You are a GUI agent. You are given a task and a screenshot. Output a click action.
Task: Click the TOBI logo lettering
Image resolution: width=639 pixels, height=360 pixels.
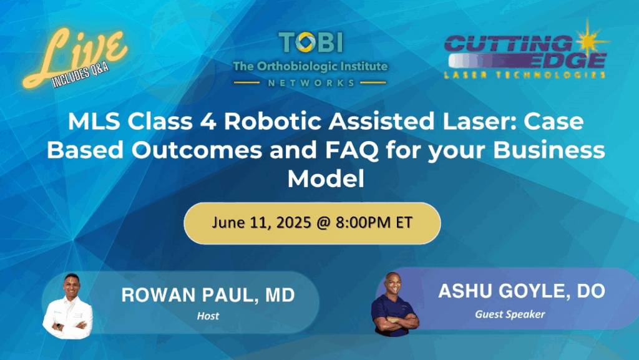(x=310, y=42)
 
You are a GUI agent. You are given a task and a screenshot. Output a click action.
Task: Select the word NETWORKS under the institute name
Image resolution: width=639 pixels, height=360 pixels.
(x=310, y=82)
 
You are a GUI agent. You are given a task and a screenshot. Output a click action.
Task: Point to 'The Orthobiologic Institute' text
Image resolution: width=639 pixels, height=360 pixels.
(x=310, y=66)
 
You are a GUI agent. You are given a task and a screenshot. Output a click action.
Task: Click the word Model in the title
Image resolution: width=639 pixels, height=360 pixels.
(x=325, y=178)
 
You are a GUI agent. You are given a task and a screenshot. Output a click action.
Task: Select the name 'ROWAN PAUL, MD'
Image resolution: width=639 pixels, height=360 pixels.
(x=207, y=296)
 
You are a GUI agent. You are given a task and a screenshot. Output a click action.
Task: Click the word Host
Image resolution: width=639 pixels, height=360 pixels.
(x=207, y=316)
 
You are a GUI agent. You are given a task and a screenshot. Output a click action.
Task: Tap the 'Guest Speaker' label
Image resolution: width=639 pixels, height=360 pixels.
(x=509, y=314)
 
